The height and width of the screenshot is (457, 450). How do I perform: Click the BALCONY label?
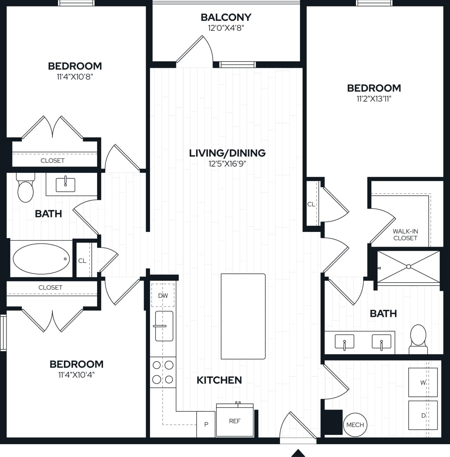coord(226,17)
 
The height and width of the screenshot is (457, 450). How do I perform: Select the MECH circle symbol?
coord(355,424)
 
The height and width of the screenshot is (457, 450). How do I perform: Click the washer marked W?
coord(423,382)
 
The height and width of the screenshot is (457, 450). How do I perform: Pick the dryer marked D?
coord(423,415)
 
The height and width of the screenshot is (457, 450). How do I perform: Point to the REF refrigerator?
coord(235,421)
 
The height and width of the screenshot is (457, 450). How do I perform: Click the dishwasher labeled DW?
coord(163,295)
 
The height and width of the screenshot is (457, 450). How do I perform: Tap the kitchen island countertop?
coord(243,316)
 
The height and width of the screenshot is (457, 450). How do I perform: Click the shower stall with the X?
coord(409,267)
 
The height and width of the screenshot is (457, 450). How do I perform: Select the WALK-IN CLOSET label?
coord(405,234)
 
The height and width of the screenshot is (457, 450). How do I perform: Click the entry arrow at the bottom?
coord(298,453)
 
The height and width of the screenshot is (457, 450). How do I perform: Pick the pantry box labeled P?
coord(206,424)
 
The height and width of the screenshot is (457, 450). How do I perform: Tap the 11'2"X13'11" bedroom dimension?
coord(374,99)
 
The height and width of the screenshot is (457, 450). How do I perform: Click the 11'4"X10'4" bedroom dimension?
coord(76,374)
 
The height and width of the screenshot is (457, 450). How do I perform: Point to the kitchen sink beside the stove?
coord(164,326)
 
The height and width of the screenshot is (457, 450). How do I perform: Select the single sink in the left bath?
coord(66,184)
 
